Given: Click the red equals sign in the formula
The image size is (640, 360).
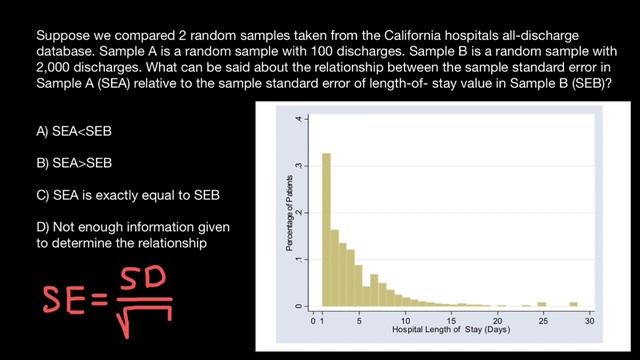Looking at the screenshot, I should pos(105,297).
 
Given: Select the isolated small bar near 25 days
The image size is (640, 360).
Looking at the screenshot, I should pos(542,303).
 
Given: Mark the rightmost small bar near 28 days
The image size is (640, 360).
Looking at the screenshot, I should pos(574,303).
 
